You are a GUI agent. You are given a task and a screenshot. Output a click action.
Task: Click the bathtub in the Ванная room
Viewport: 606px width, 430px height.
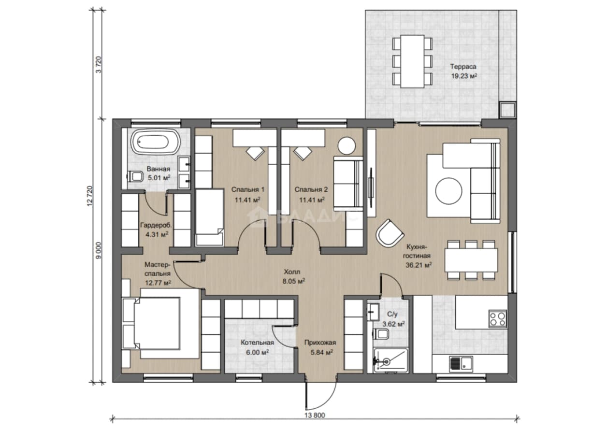coord(155,142)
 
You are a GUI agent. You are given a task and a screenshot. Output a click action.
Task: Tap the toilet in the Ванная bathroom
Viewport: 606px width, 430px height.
coord(135,177)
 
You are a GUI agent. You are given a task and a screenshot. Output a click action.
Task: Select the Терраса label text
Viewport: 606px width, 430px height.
coord(463,66)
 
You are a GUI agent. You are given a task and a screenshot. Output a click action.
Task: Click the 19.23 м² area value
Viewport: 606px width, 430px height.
coord(464,76)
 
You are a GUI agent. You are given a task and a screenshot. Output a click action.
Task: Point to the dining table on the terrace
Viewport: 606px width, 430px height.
coord(412,61)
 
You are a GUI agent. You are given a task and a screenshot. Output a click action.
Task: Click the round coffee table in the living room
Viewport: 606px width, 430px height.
coord(448,191)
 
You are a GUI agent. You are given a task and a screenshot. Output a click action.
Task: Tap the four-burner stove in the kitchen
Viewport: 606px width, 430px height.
coord(498,319)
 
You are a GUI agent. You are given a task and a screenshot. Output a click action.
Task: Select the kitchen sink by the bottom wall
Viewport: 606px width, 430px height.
coord(461,364)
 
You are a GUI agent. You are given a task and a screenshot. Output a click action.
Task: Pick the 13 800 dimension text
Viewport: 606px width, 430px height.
coord(315,415)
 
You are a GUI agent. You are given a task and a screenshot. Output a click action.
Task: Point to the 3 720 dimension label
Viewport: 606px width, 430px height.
coord(99,64)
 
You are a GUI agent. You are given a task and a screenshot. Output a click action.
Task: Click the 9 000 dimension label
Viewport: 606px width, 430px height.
coord(99,250)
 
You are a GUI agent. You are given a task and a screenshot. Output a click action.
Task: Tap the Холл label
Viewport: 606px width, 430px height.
coord(292,272)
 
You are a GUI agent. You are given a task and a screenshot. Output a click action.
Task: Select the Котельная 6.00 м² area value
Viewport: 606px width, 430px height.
coord(257,352)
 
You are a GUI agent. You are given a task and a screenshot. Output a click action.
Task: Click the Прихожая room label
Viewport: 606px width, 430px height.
coord(320,343)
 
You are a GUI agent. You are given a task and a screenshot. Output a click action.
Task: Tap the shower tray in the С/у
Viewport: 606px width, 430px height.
coord(390,360)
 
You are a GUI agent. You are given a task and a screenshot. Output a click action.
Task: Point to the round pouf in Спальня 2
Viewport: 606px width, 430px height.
coord(346,146)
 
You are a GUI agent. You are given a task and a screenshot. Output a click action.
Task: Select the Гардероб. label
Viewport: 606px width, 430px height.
coord(156,225)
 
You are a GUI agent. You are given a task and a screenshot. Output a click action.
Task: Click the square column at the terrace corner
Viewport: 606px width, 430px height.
coord(507,110)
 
